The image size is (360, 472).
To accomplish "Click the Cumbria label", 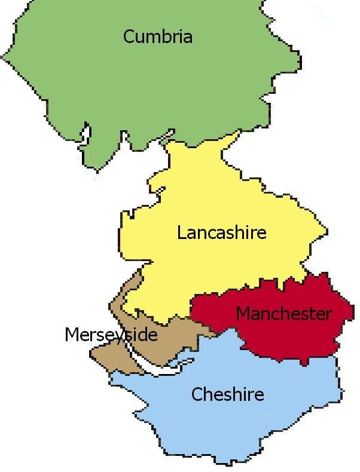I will pyautogui.click(x=158, y=37).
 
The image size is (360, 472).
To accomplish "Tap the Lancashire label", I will pyautogui.click(x=221, y=232).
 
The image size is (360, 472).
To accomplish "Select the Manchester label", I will pyautogui.click(x=283, y=314).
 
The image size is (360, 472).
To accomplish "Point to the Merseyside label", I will pyautogui.click(x=111, y=335).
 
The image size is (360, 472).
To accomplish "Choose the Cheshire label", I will pyautogui.click(x=227, y=394).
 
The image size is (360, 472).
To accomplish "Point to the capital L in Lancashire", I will pyautogui.click(x=181, y=232).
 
